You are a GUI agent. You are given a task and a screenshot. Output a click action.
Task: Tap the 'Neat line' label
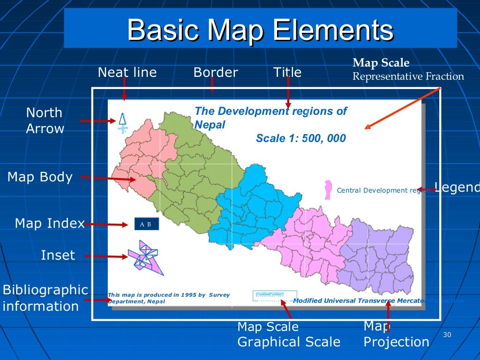(x=127, y=72)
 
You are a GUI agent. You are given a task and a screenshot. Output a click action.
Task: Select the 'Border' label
(x=216, y=72)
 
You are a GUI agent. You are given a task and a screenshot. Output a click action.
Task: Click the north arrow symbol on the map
(x=123, y=122)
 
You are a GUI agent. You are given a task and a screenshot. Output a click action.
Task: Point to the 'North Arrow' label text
(x=45, y=120)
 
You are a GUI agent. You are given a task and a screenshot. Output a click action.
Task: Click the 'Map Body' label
(x=40, y=177)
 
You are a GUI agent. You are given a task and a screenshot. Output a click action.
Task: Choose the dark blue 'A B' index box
(x=146, y=224)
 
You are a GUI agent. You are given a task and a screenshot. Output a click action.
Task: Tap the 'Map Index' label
(x=50, y=223)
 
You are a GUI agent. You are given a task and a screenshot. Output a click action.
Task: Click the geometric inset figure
(x=145, y=257)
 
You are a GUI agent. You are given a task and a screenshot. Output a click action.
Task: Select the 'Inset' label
(x=58, y=255)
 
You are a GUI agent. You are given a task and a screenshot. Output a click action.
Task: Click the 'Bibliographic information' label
(x=45, y=298)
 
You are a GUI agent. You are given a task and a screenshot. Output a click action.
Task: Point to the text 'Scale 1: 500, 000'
(x=300, y=138)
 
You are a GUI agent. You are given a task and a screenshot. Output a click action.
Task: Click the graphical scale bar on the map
(x=275, y=295)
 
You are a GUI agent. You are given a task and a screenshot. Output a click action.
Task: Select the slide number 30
(x=446, y=334)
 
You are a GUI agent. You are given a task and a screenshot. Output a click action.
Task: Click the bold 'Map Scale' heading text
(x=381, y=63)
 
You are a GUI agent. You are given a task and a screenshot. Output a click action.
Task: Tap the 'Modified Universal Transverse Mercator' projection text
(x=356, y=301)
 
